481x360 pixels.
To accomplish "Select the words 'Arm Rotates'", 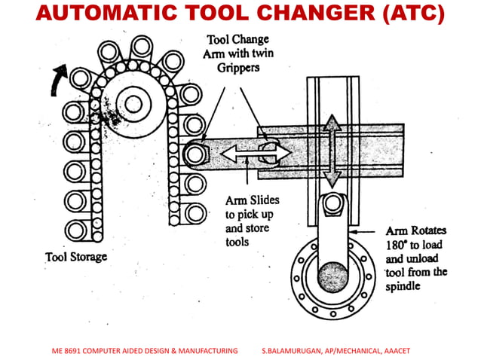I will click(x=417, y=231).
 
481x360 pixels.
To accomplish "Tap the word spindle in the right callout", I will click(x=406, y=285).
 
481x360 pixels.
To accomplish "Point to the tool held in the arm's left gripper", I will click(x=197, y=154).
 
